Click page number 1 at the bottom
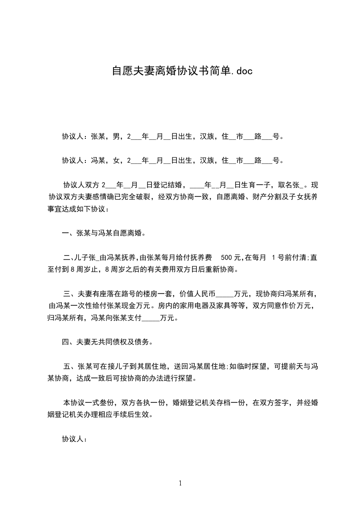pos(180,483)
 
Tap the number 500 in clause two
pos(227,258)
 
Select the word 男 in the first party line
pos(116,136)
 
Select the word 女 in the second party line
pos(116,160)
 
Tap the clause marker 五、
pos(70,366)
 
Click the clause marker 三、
pos(70,294)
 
